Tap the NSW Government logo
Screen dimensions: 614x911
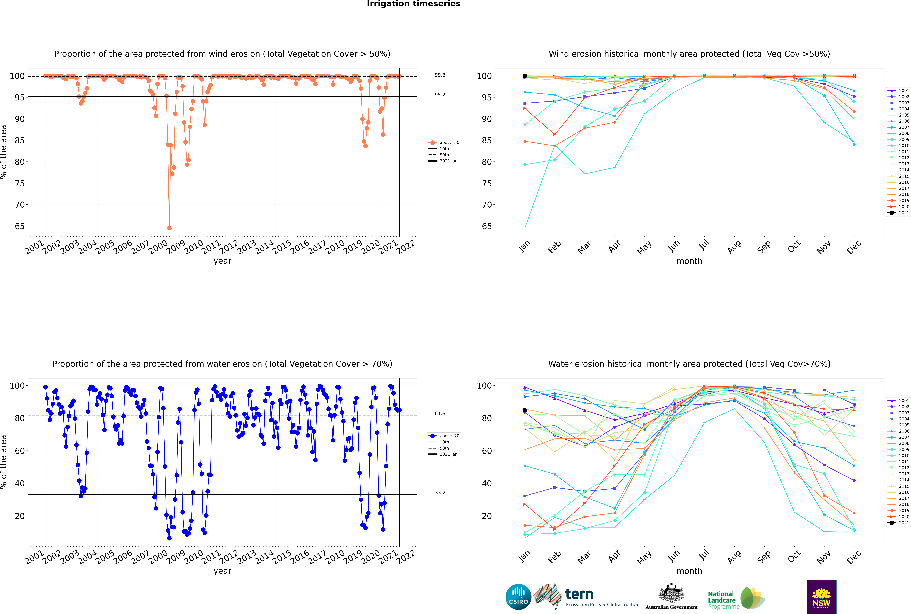(821, 596)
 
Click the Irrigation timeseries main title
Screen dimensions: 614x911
(414, 4)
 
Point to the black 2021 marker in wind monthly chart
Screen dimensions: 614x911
(525, 76)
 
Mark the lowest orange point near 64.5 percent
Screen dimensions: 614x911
(169, 228)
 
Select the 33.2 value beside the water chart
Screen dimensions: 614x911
(440, 493)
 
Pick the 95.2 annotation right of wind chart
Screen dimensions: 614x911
(440, 95)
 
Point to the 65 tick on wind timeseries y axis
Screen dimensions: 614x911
(20, 226)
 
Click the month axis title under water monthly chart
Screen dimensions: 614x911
(689, 571)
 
